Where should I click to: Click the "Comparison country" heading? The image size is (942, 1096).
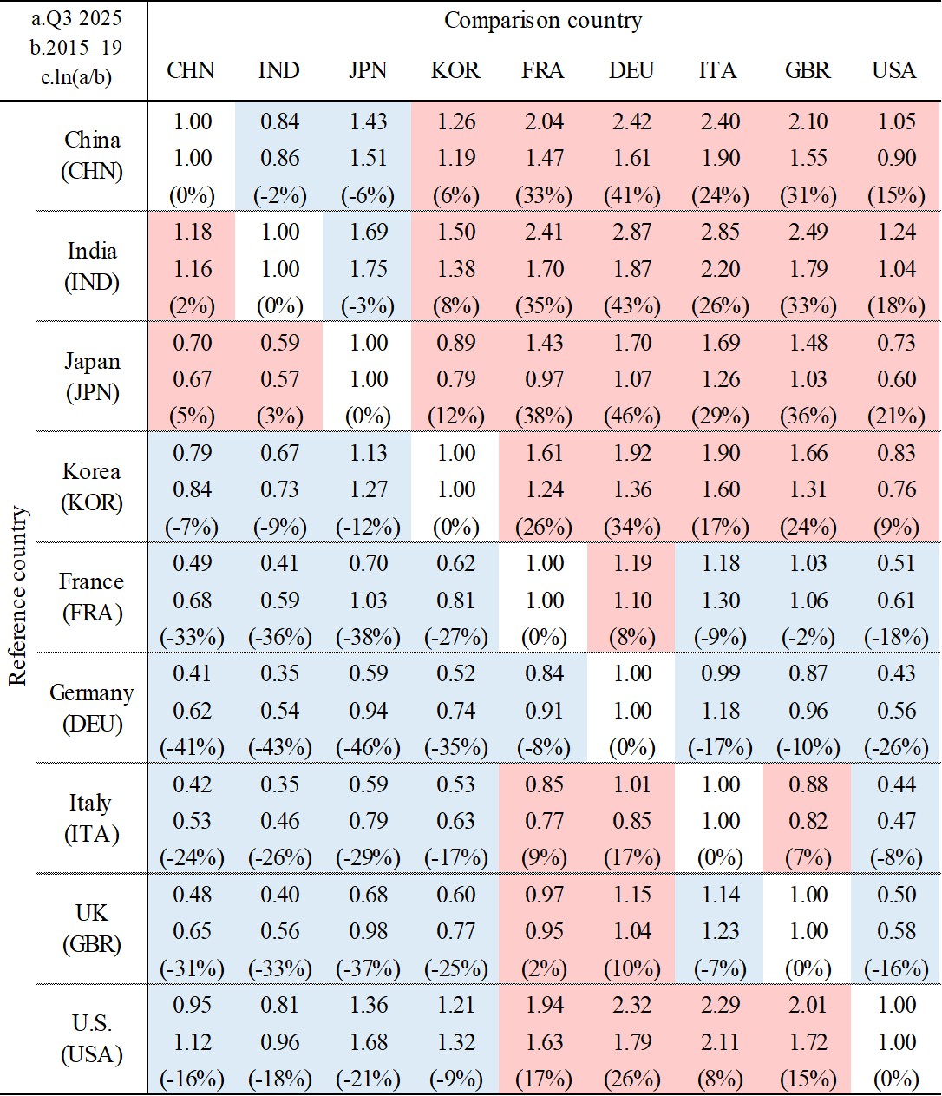[543, 21]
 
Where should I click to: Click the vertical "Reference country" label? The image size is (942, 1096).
[18, 596]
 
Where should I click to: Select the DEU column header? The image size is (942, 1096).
[631, 70]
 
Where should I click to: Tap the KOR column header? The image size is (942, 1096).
[455, 70]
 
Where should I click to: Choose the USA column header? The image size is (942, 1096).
[894, 70]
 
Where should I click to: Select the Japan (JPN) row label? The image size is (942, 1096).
[92, 377]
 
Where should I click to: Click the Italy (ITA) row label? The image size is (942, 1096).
[92, 817]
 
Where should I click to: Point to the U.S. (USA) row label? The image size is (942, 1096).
[92, 1038]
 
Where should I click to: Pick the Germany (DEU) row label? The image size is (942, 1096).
[92, 707]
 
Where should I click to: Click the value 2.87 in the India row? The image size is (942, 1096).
[632, 233]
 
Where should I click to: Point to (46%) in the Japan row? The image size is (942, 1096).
[632, 417]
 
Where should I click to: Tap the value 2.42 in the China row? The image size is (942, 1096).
[632, 122]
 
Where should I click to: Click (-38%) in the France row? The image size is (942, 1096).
[368, 637]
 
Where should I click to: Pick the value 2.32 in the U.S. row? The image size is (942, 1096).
[632, 1005]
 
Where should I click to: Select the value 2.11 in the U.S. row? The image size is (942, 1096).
[720, 1042]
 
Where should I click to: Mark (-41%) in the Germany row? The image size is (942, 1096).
[192, 747]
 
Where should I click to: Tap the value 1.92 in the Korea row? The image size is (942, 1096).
[632, 453]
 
